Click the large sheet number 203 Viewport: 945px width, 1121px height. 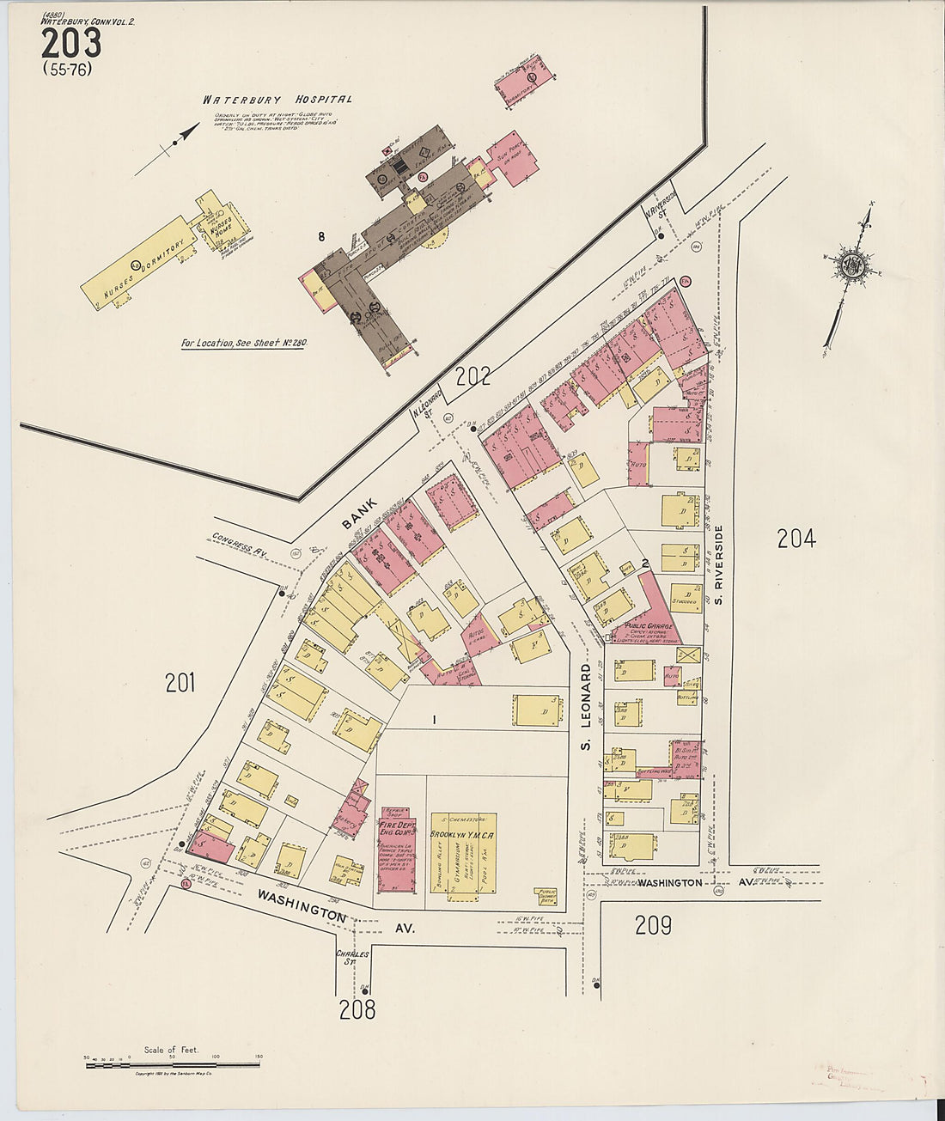(70, 43)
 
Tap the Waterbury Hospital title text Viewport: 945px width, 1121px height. (277, 100)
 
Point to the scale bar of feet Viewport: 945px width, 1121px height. (172, 1064)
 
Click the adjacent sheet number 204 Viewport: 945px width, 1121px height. (796, 539)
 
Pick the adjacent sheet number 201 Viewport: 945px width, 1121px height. (180, 683)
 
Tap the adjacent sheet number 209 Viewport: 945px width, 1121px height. (653, 925)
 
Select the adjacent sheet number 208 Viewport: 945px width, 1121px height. (357, 1009)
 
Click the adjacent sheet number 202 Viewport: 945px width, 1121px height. (472, 375)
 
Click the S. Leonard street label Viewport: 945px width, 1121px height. (587, 705)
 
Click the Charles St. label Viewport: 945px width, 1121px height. (352, 958)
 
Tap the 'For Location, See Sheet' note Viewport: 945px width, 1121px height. (243, 343)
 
